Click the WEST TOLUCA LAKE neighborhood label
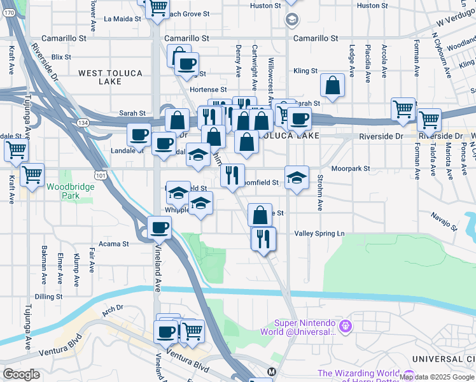pyautogui.click(x=110, y=77)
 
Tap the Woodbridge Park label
pyautogui.click(x=62, y=191)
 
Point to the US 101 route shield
pyautogui.click(x=99, y=174)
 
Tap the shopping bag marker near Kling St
pyautogui.click(x=333, y=85)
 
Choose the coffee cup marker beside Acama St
pyautogui.click(x=160, y=227)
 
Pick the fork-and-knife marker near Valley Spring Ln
pyautogui.click(x=262, y=239)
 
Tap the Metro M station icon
pyautogui.click(x=271, y=371)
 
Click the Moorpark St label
pyautogui.click(x=355, y=169)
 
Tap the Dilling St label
pyautogui.click(x=49, y=297)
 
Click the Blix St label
pyautogui.click(x=61, y=57)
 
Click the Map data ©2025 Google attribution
pyautogui.click(x=437, y=378)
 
